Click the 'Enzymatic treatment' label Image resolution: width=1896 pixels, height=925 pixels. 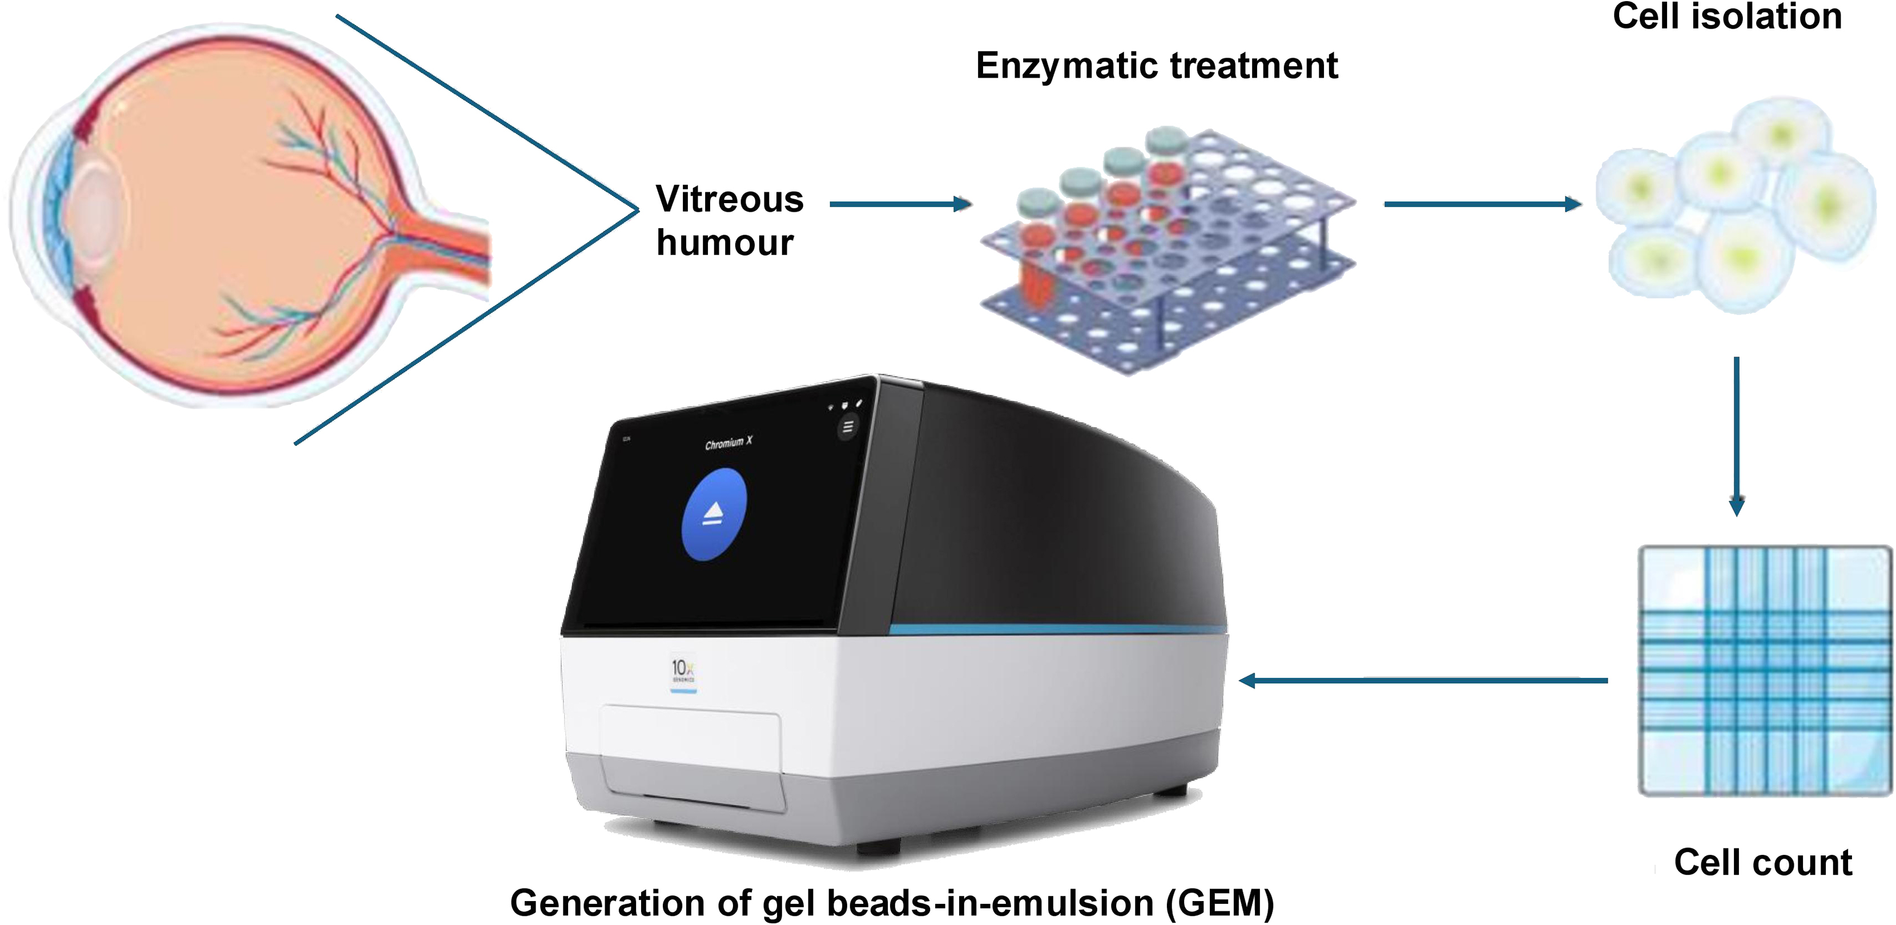1156,66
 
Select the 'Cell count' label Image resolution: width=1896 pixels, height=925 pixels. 1762,862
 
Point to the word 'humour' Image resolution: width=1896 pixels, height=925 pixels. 725,243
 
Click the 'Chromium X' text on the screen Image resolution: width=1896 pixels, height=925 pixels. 728,443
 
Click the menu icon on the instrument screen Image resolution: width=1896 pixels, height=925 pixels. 848,426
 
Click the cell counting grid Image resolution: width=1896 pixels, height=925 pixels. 1764,670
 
